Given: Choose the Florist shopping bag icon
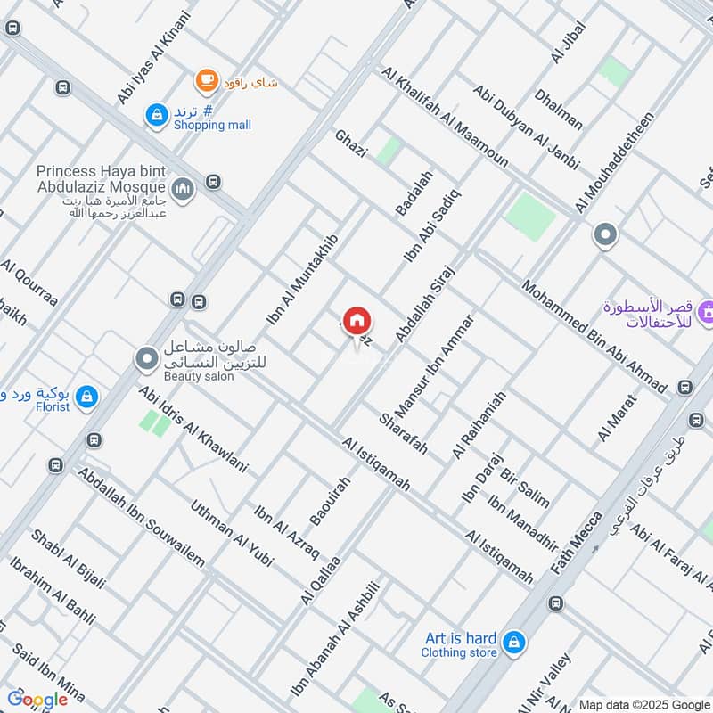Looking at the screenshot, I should coord(86,397).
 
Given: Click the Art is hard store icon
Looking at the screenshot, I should coord(512,641).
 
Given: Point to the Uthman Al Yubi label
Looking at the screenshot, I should coord(231,533).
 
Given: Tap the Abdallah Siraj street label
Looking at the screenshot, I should coord(425,304).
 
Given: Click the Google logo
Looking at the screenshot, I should coord(37,700).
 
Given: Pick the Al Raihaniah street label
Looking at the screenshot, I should coord(479,424).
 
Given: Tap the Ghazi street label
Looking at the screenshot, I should coord(350,143).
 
